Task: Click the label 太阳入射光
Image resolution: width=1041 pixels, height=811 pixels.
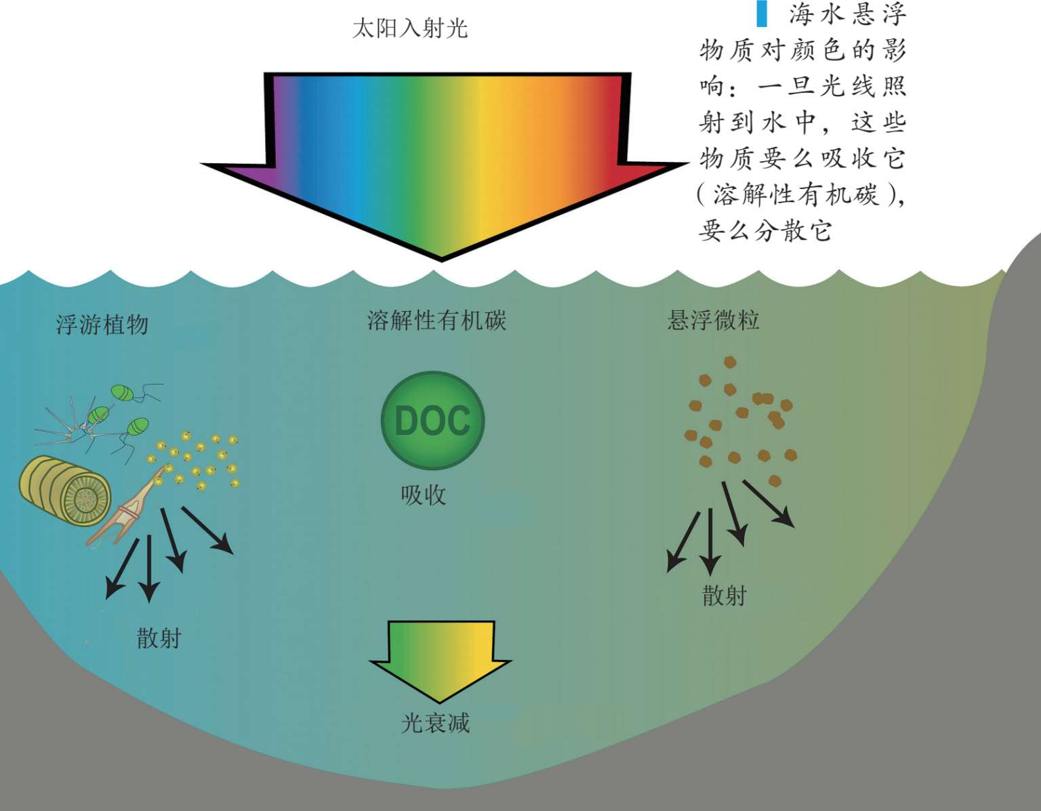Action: tap(410, 28)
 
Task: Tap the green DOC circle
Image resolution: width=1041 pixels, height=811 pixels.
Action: tap(433, 421)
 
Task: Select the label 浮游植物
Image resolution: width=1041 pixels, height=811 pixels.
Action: tap(102, 325)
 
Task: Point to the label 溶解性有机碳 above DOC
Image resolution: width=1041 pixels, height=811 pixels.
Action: tap(436, 320)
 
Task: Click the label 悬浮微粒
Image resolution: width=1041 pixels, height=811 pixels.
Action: tap(713, 320)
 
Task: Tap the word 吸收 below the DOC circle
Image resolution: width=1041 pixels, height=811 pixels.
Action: tap(424, 495)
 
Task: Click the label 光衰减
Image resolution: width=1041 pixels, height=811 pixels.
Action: tap(435, 723)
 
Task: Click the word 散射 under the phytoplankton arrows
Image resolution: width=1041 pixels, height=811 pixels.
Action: tap(159, 638)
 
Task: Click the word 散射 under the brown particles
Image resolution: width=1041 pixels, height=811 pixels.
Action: tap(724, 596)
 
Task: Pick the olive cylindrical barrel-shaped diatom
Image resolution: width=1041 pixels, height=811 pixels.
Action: tap(64, 491)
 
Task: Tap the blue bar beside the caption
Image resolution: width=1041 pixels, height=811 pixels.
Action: tap(762, 14)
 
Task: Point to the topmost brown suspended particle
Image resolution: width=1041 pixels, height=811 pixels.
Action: tap(730, 362)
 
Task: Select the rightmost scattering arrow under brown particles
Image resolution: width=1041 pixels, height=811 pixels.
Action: tap(769, 503)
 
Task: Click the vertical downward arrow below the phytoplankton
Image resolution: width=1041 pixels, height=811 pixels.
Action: tap(149, 569)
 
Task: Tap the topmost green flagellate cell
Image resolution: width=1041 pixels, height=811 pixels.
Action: tap(123, 392)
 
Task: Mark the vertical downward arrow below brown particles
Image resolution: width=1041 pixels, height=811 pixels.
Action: tap(710, 542)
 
